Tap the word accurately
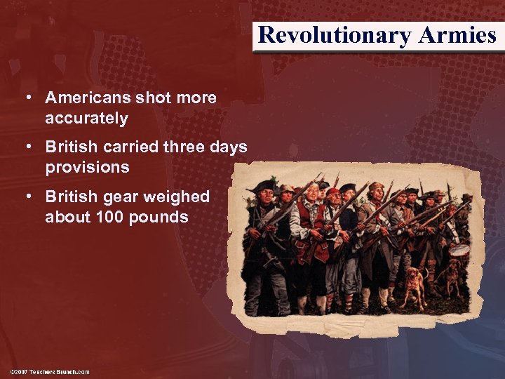point(86,119)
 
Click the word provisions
point(87,168)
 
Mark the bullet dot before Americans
point(30,98)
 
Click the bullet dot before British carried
point(30,147)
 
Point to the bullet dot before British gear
point(30,197)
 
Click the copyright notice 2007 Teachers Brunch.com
point(50,371)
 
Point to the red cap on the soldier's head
point(332,191)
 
